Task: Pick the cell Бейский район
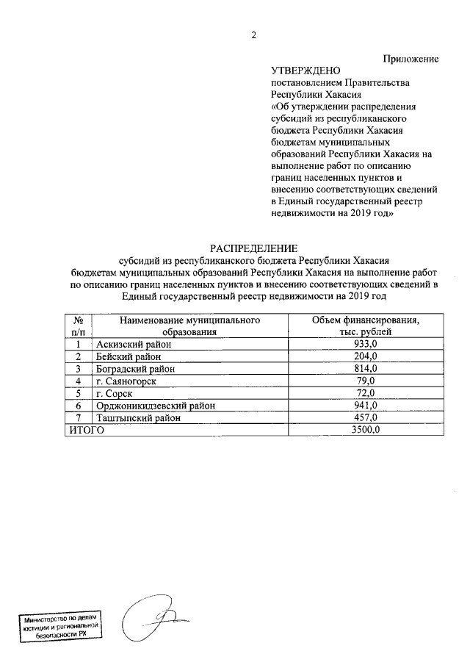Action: pyautogui.click(x=129, y=356)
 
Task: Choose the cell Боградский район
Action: pyautogui.click(x=134, y=369)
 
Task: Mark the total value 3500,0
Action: pyautogui.click(x=365, y=431)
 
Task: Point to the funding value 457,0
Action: pyautogui.click(x=365, y=418)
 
